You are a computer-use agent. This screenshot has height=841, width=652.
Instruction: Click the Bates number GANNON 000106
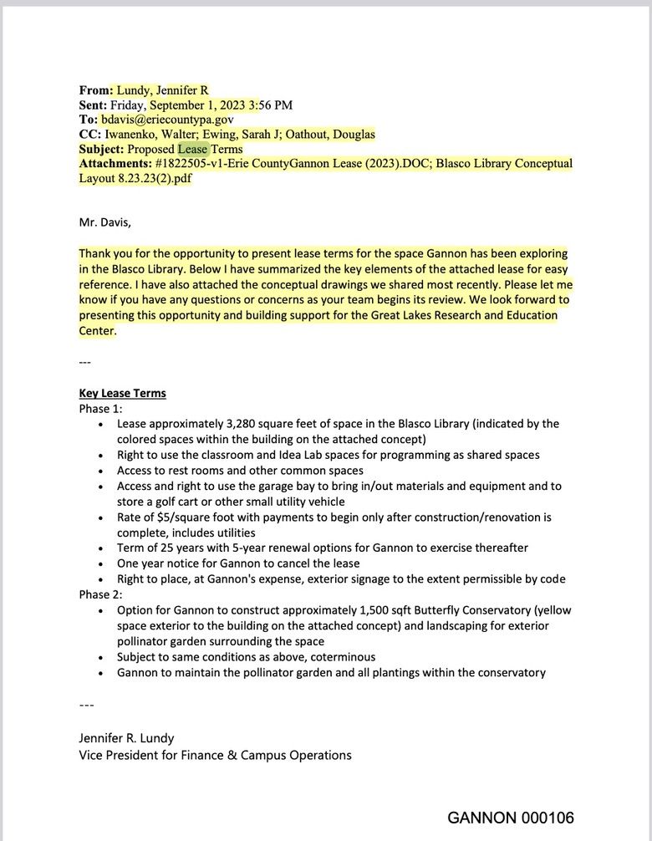point(511,817)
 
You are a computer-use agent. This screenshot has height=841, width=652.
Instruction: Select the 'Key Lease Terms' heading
point(122,393)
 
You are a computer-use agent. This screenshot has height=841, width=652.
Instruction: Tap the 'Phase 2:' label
point(101,594)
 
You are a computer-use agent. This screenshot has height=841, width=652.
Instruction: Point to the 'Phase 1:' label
point(101,409)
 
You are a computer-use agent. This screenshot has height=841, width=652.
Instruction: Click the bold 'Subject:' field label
point(101,149)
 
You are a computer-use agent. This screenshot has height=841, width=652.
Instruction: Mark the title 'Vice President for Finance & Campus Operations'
point(215,755)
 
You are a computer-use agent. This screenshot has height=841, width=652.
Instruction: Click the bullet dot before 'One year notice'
point(101,563)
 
